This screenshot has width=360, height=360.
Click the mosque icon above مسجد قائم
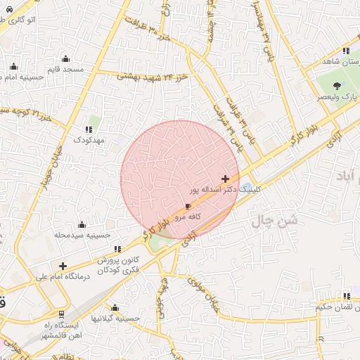pos(65,58)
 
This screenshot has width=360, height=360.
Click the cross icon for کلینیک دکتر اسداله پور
pos(225,179)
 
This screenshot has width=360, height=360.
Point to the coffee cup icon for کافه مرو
pos(188,206)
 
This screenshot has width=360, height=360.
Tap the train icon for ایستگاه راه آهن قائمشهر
pos(63,314)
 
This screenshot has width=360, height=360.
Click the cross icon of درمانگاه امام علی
pos(63,266)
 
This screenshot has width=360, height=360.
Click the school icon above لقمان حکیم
pos(346,296)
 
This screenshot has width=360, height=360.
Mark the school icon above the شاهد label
pos(346,51)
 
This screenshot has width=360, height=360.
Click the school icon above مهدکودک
pos(89,129)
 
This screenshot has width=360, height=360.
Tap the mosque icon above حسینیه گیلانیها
pos(115,307)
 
